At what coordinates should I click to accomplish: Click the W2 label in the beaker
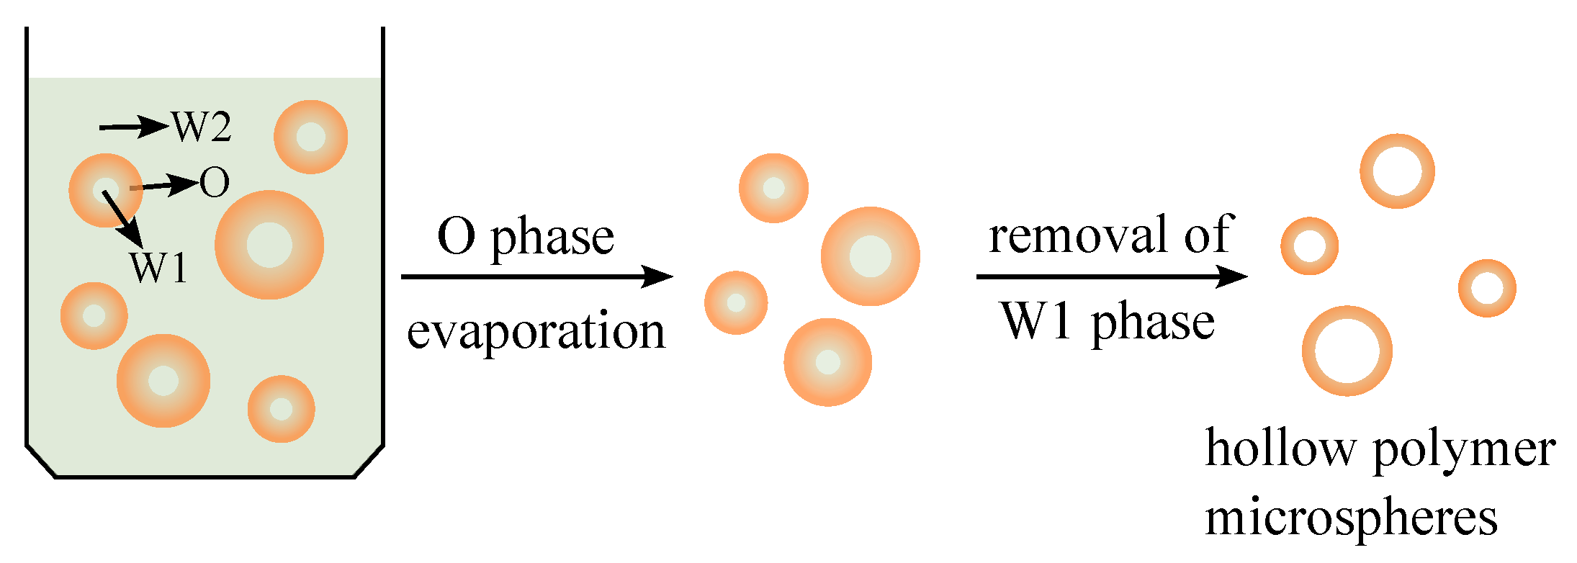coord(202,127)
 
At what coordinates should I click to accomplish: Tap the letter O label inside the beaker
coord(215,182)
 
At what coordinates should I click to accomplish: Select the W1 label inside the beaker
coord(159,268)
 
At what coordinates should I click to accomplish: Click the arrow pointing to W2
coord(133,127)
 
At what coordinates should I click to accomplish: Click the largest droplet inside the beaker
coord(269,245)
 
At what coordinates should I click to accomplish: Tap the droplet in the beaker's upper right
coord(311,137)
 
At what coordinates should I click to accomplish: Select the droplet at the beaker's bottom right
coord(281,409)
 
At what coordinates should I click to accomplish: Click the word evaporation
coord(536,333)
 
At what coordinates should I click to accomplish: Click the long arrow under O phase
coord(536,276)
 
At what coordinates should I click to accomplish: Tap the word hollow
coord(1280,449)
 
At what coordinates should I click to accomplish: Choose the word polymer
coord(1464,451)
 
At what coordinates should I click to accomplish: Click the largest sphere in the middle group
coord(870,256)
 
